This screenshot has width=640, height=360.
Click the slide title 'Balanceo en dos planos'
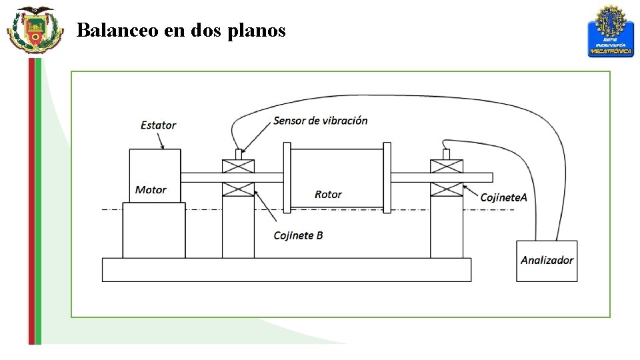pos(181,30)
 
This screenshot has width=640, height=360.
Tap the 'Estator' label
pos(159,125)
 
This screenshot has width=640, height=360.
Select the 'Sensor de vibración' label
pos(320,121)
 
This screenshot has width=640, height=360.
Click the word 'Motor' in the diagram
pos(151,190)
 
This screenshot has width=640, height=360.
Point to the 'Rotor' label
pos(328,195)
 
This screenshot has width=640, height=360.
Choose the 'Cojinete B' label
pos(298,235)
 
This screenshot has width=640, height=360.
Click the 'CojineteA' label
pos(504,197)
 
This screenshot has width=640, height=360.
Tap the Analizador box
pos(547,261)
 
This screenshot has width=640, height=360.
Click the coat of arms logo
pos(35,29)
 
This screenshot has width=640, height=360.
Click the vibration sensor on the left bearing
pos(238,154)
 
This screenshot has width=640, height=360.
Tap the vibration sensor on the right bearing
pos(447,154)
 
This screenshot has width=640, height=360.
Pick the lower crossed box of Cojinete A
pos(447,189)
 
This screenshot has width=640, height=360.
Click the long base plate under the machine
pos(286,269)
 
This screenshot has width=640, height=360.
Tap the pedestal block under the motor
pos(154,230)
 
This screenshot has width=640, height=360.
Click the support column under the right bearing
pos(447,227)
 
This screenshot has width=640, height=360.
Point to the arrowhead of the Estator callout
pos(163,145)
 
